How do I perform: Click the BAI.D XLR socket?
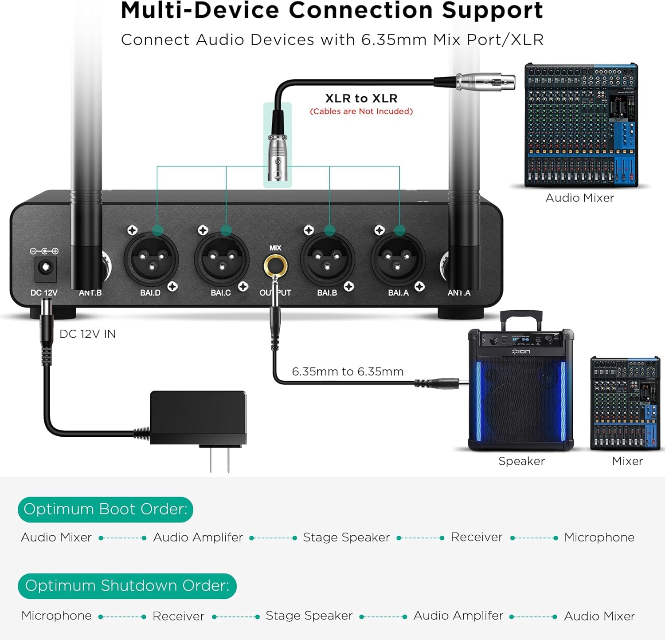(151, 260)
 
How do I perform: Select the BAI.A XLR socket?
(398, 260)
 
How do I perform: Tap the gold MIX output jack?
(275, 266)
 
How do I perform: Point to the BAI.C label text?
(221, 293)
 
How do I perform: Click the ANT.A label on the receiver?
(459, 293)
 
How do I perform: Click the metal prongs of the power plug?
(220, 459)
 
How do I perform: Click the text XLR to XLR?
(361, 99)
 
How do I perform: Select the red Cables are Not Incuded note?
(361, 111)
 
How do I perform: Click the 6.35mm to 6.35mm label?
(348, 371)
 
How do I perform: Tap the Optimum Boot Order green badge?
(106, 509)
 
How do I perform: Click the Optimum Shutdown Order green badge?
(127, 586)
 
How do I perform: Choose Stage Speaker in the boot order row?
(346, 537)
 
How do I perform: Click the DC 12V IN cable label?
(88, 334)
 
